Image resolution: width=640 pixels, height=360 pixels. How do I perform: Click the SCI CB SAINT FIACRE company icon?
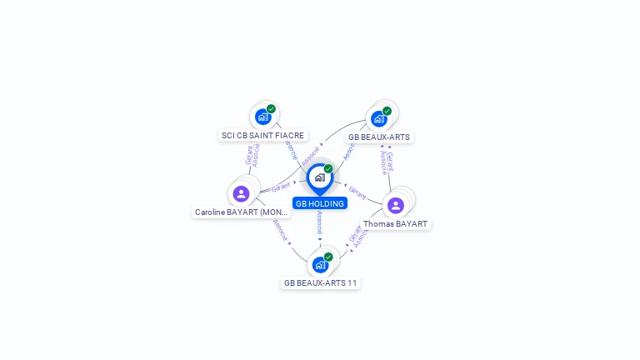point(262,117)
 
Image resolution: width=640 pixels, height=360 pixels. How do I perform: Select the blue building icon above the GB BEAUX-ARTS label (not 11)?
point(379,118)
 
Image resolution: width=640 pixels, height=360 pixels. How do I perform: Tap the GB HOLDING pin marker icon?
point(319,177)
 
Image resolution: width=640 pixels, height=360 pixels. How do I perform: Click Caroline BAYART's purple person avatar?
point(241,193)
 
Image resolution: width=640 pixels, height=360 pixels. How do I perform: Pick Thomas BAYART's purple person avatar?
point(396,205)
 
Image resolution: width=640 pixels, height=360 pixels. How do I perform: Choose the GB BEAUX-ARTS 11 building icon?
point(320,265)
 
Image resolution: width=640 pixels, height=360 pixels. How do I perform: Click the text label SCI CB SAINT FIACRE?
point(262,135)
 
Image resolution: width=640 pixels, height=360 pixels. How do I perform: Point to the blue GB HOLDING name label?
point(320,203)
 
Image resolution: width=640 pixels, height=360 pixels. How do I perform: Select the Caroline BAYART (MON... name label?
point(242,212)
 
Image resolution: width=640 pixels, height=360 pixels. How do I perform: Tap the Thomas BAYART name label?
point(395,224)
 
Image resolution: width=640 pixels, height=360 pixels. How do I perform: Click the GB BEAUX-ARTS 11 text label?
point(320,283)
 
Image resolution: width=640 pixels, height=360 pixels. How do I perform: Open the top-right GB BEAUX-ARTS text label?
point(379,137)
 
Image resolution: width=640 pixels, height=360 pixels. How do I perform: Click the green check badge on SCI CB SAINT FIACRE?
point(271,108)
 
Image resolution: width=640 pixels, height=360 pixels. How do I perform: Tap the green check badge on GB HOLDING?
point(328,168)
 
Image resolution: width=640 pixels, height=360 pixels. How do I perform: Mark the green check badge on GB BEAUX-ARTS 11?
point(328,257)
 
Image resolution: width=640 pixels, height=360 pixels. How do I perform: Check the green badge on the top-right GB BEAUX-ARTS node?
point(387,110)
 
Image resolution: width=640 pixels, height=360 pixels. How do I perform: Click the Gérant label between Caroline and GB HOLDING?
point(281,187)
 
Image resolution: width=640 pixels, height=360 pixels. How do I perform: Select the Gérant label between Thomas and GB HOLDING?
point(357,193)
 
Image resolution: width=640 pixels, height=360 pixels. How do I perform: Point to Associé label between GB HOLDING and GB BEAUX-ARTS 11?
point(320,222)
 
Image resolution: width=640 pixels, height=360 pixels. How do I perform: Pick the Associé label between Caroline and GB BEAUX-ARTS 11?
point(280,229)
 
